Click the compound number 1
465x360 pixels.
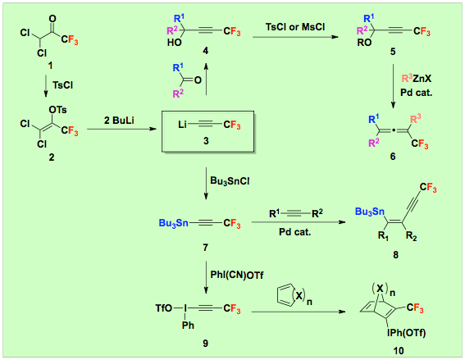(50, 66)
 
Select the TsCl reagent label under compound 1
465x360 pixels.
(63, 85)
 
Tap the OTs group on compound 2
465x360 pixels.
(58, 110)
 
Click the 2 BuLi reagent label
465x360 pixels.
(119, 121)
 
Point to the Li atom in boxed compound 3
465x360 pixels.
(182, 125)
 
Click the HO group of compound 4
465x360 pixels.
(175, 43)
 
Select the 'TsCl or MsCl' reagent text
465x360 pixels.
(295, 27)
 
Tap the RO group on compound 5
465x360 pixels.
(364, 43)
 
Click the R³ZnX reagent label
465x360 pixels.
(417, 79)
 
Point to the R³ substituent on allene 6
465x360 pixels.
(416, 119)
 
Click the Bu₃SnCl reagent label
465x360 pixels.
(230, 181)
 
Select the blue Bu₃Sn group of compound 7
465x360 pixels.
(174, 223)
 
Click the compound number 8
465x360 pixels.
(395, 255)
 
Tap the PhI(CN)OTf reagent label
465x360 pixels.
(237, 276)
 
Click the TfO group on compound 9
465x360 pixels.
(164, 308)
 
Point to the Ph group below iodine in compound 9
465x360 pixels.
(188, 326)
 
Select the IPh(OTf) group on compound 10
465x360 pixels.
(406, 333)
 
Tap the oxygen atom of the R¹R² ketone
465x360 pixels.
(198, 80)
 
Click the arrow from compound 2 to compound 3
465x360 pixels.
(121, 129)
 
